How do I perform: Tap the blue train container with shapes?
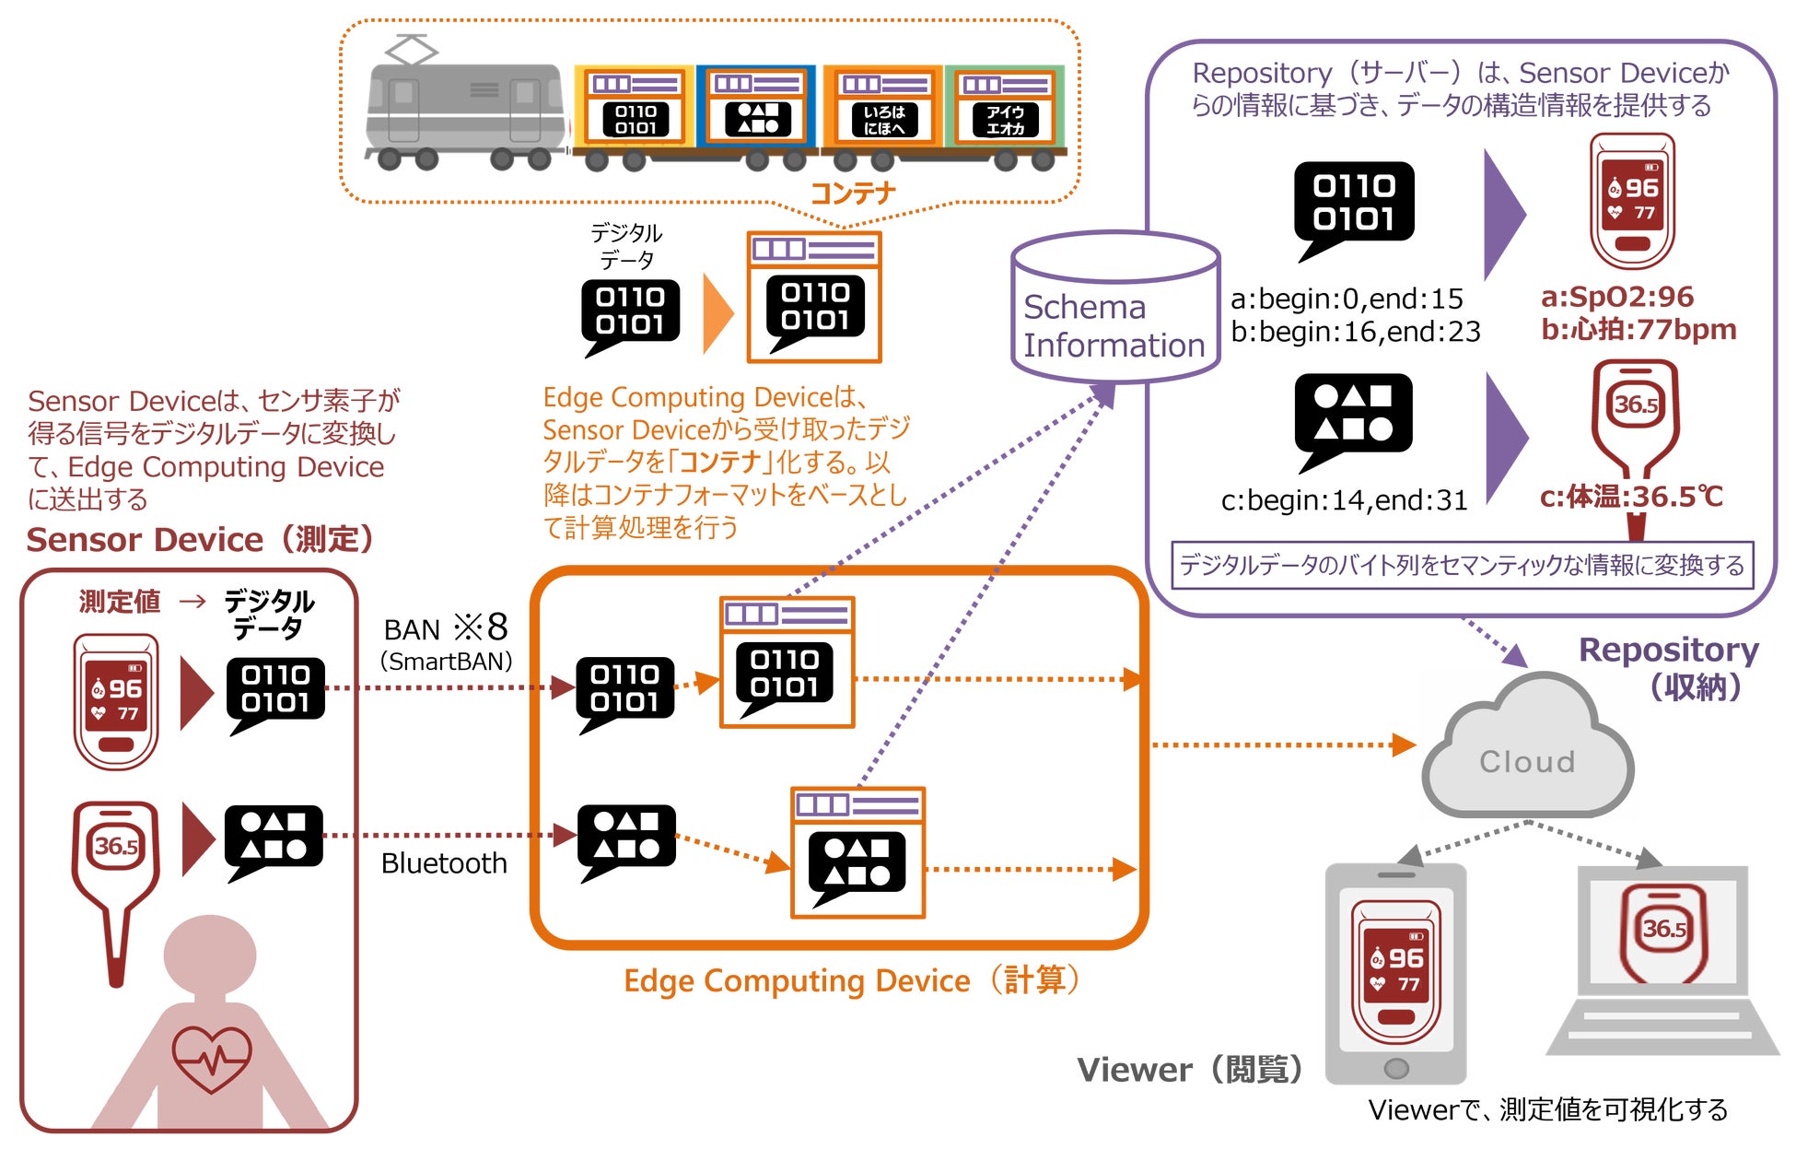pos(756,107)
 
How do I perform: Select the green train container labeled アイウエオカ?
pos(1006,108)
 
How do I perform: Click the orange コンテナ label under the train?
pos(852,193)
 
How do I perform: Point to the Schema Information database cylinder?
pos(1114,309)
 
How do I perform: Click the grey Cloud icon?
pos(1527,751)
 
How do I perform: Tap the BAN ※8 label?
pos(446,628)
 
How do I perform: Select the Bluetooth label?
pos(444,863)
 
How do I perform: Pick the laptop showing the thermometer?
pos(1662,958)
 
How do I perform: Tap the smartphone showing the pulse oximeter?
pos(1395,972)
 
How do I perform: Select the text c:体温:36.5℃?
pos(1631,497)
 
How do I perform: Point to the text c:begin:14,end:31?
pos(1344,500)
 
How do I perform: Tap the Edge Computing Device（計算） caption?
pos(852,980)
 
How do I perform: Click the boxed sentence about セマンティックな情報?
pos(1462,565)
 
